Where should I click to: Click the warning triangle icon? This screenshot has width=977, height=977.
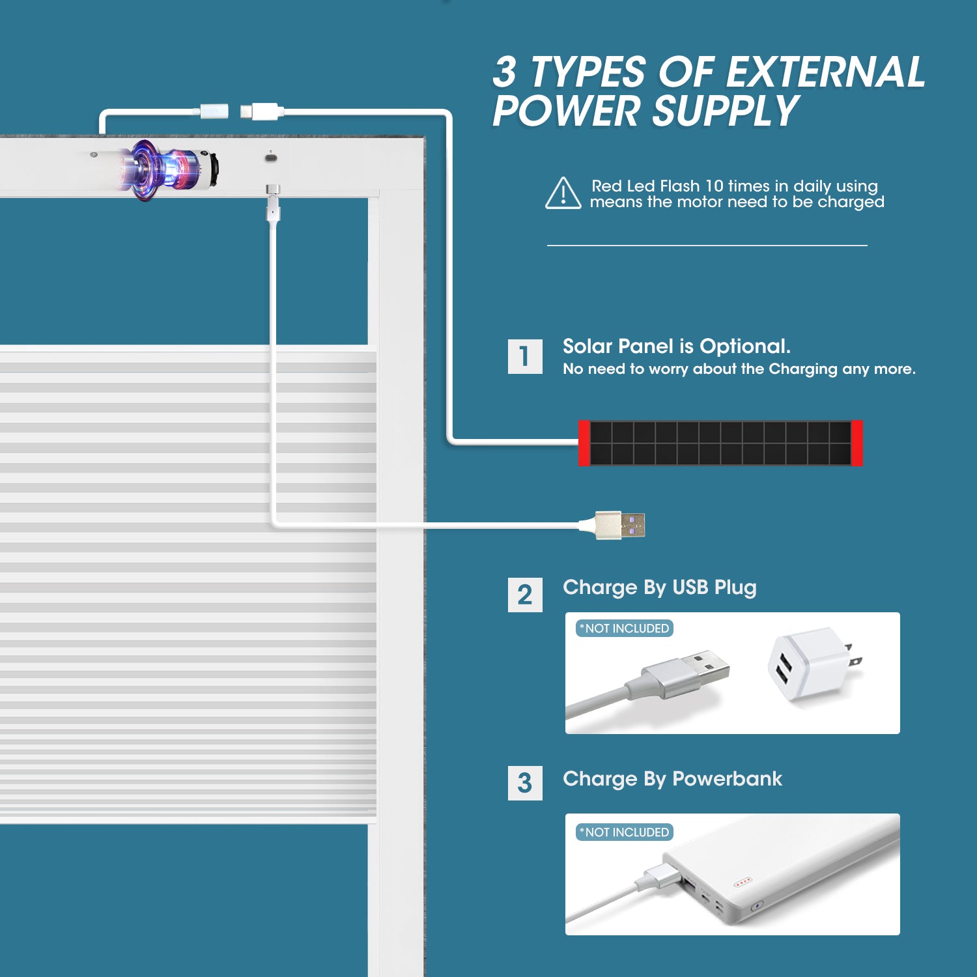pos(563,193)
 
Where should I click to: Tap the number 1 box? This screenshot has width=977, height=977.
pos(525,356)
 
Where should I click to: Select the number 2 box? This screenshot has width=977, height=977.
pos(525,595)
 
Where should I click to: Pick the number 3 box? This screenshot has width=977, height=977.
pos(525,783)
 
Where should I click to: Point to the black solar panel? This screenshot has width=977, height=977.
pos(720,443)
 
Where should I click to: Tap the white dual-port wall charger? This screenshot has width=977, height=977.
pos(813,664)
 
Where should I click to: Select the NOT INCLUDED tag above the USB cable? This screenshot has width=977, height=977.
pos(624,629)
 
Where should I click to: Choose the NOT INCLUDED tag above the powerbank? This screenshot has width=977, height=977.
pos(624,832)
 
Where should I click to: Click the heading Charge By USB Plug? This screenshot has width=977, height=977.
pos(660,588)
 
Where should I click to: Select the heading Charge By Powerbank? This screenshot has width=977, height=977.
pos(672,779)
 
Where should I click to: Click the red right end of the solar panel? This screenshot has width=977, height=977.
pos(857,443)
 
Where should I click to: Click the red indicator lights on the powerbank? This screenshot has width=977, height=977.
pos(743,883)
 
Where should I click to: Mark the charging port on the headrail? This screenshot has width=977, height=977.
pos(271,158)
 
